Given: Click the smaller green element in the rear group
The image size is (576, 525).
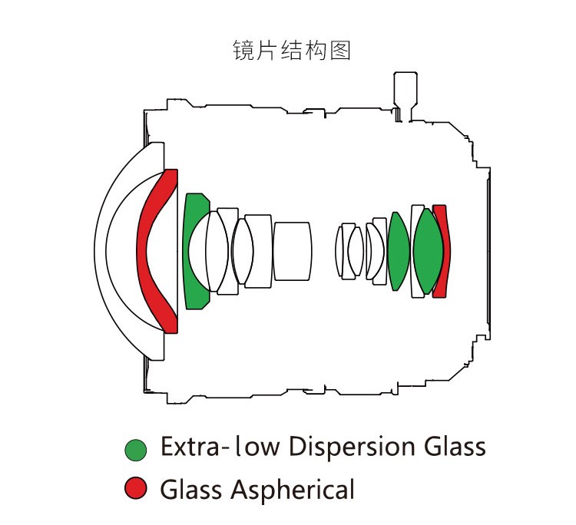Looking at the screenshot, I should pos(397,252).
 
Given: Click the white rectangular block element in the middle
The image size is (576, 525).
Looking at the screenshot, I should pos(292,251).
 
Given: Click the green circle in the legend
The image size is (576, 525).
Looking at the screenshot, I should pos(136,449).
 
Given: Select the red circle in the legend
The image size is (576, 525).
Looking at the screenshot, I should pos(136,487).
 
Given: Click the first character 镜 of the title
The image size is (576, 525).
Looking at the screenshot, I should pos(243,51).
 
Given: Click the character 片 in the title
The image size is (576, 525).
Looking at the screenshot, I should pos(267,51).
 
